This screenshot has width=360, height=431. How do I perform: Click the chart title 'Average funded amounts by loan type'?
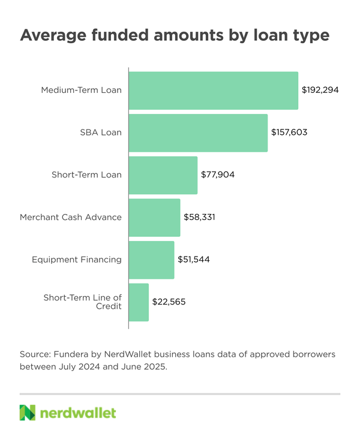pyautogui.click(x=175, y=35)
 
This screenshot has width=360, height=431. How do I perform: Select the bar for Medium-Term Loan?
pyautogui.click(x=214, y=91)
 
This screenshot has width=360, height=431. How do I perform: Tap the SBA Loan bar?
pyautogui.click(x=199, y=132)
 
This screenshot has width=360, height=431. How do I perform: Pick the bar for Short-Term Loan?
pyautogui.click(x=163, y=175)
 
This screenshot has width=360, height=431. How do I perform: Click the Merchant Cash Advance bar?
pyautogui.click(x=155, y=217)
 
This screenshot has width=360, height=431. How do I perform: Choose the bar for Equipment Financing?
pyautogui.click(x=152, y=260)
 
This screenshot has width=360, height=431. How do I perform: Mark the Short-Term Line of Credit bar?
pyautogui.click(x=139, y=302)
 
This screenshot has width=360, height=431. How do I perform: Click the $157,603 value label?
pyautogui.click(x=289, y=132)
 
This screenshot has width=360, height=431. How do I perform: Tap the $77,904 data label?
pyautogui.click(x=218, y=175)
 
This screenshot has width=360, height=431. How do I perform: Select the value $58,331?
pyautogui.click(x=199, y=217)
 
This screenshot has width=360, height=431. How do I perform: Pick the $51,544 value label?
pyautogui.click(x=194, y=260)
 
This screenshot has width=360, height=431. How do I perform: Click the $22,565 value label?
pyautogui.click(x=169, y=302)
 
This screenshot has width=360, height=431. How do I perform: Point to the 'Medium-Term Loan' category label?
pyautogui.click(x=81, y=91)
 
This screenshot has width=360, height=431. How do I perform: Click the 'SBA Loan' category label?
pyautogui.click(x=101, y=132)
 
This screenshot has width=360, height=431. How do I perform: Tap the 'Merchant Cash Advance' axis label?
pyautogui.click(x=71, y=217)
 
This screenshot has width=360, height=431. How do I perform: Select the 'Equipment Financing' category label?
pyautogui.click(x=77, y=260)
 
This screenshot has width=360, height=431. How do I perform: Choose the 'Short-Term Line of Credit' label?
pyautogui.click(x=83, y=302)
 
